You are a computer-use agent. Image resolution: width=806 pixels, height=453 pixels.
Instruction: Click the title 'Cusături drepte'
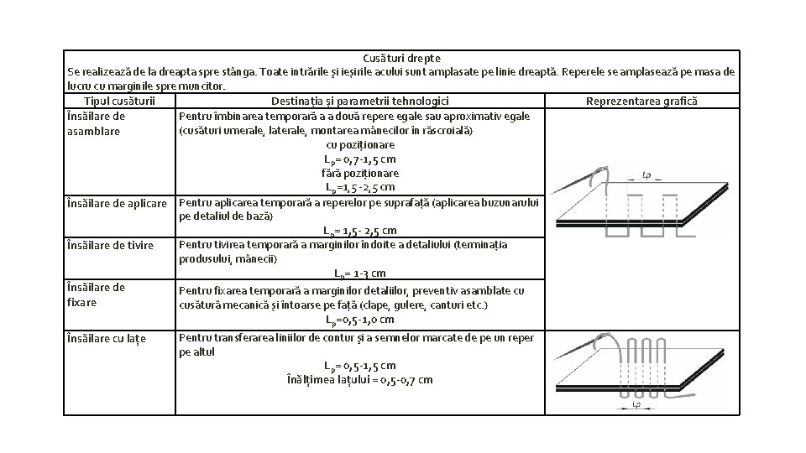pos(401,59)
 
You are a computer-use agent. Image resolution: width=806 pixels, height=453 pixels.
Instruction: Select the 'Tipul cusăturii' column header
pos(119,102)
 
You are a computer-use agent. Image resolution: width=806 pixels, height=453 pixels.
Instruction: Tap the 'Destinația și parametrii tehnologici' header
pos(360,102)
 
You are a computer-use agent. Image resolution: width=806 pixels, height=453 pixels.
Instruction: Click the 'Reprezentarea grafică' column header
pos(641,102)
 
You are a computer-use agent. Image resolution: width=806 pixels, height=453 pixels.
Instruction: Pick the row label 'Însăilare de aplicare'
pos(118,203)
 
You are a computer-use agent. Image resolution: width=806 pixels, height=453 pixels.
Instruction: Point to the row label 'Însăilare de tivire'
pos(110,246)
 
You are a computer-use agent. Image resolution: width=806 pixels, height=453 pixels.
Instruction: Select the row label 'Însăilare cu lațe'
pos(107,339)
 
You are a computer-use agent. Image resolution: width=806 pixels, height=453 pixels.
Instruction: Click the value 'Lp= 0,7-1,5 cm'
pos(360,159)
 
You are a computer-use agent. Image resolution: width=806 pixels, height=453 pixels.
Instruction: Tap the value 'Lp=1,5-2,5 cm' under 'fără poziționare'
pos(360,187)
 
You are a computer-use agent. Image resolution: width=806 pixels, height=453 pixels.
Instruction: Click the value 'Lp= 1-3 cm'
pos(360,273)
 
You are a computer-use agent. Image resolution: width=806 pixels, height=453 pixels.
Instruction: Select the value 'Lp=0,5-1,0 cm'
pos(360,320)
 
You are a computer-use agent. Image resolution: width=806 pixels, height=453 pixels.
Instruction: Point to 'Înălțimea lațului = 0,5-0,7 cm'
pos(360,380)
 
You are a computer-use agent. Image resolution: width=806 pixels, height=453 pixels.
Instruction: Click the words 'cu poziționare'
pos(360,145)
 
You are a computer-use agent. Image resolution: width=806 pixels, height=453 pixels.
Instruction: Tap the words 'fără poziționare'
pos(360,174)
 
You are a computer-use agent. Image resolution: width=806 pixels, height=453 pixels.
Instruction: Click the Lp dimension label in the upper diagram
pos(646,175)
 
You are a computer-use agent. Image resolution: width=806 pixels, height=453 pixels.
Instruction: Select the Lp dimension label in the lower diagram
pos(636,405)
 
